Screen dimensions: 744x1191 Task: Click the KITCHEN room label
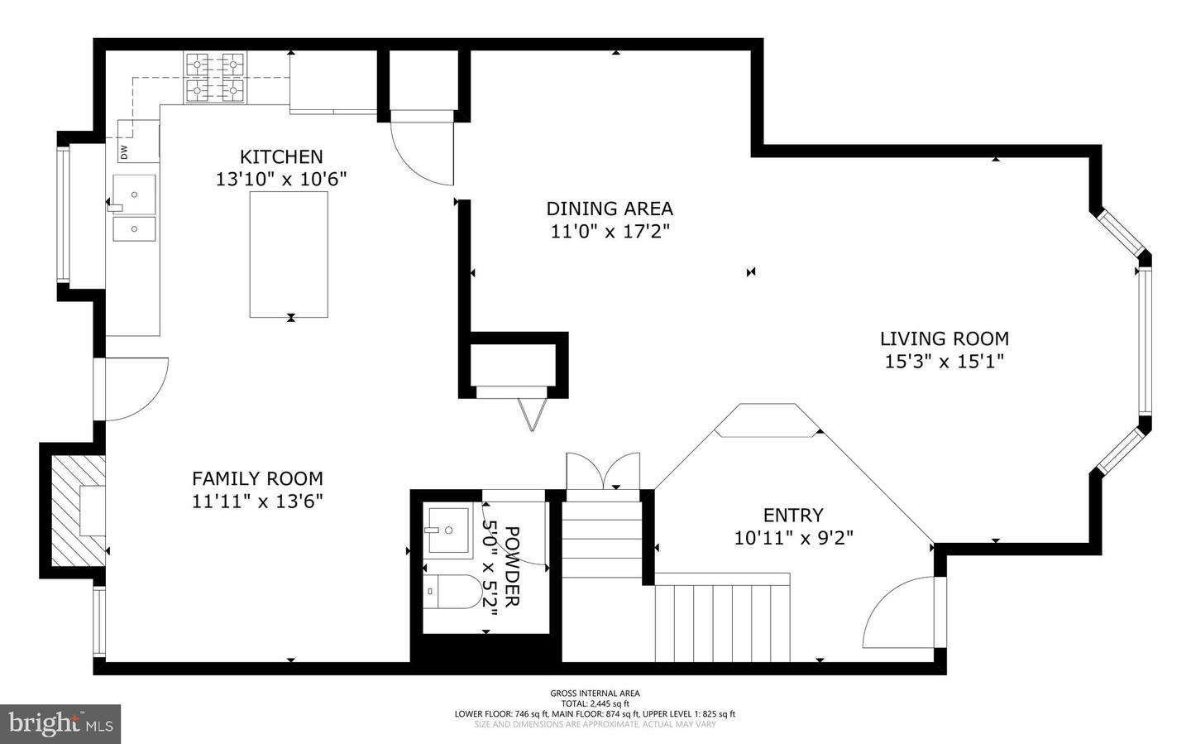pos(281,156)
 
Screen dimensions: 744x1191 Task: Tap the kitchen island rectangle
pos(289,254)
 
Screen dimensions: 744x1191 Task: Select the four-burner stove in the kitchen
pos(216,78)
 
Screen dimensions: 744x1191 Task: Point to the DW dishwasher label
pos(125,152)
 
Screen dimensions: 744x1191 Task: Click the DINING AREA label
pos(610,209)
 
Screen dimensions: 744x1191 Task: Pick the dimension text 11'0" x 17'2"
pos(610,232)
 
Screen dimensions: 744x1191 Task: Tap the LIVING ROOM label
pos(944,338)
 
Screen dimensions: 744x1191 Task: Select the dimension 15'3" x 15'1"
pos(944,362)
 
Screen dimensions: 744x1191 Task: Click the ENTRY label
pos(793,515)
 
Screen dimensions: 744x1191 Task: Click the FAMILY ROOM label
pos(257,478)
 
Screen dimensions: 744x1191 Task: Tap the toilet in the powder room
pos(456,592)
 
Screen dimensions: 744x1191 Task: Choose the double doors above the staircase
pos(603,472)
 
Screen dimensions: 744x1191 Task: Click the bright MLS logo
pos(60,724)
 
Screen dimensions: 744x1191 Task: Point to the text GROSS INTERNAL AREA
pos(595,694)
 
